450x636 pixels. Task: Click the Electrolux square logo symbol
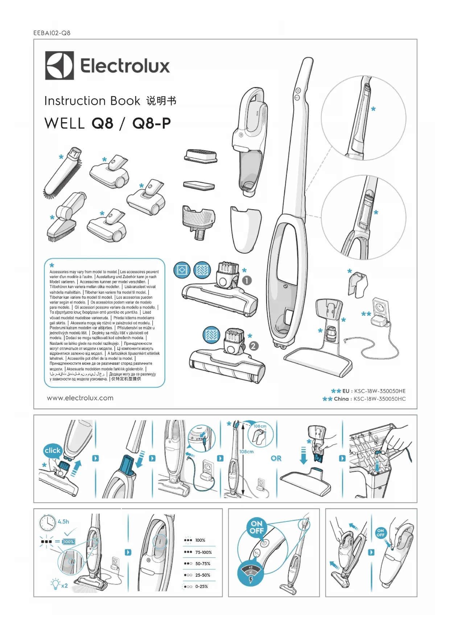tap(59, 66)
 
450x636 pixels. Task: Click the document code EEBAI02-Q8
tap(52, 33)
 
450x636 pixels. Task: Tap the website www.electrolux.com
tap(80, 398)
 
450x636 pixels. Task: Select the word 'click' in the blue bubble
tap(53, 450)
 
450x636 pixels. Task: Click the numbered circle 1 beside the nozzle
tap(247, 280)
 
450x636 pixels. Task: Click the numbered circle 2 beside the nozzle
tap(253, 346)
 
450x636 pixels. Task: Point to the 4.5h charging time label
tap(63, 521)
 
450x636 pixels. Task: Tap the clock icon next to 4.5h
tap(48, 522)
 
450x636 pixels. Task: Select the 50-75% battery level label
tap(203, 563)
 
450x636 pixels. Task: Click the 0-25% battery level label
tap(201, 586)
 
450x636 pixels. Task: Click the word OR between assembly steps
tap(276, 458)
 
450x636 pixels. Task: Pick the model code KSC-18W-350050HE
tap(380, 391)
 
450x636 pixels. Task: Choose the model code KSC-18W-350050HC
tap(379, 399)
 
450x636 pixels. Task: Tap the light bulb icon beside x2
tap(55, 584)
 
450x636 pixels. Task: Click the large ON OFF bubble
tap(256, 527)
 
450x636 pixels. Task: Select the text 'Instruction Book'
tap(92, 101)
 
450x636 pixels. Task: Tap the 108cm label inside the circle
tap(260, 426)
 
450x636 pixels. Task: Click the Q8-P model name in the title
tap(152, 123)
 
